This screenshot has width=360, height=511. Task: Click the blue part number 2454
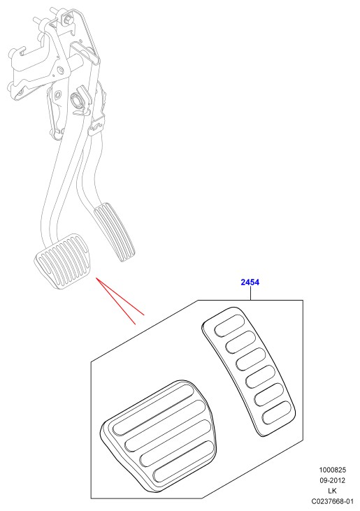(x=250, y=282)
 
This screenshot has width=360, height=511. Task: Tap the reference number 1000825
(x=332, y=470)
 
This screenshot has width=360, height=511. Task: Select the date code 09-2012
(x=332, y=480)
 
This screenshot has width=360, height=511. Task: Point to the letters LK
(x=332, y=491)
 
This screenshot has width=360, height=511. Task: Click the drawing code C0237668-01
(x=332, y=501)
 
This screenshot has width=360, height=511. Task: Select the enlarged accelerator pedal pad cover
(x=249, y=371)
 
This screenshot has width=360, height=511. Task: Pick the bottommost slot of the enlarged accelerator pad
(x=277, y=412)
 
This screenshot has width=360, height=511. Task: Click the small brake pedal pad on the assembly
(x=62, y=261)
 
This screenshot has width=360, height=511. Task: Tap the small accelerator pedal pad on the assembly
(x=115, y=231)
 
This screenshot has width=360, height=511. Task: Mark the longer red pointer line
(x=115, y=301)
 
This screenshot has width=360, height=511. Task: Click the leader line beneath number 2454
(x=250, y=294)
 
